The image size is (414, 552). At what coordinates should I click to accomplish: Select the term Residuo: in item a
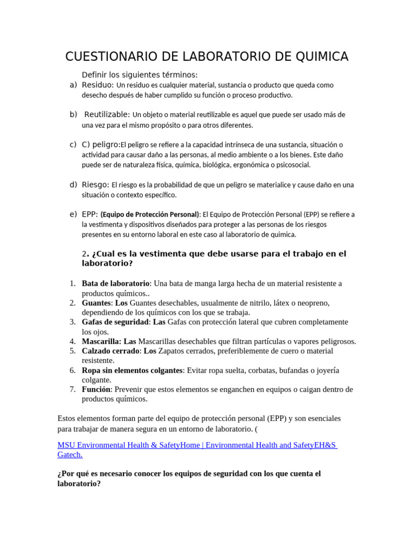click(98, 85)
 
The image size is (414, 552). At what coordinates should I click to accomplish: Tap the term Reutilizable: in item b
click(107, 114)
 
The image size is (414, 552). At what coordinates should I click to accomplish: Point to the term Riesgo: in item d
click(95, 184)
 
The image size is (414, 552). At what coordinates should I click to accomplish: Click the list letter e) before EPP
click(73, 214)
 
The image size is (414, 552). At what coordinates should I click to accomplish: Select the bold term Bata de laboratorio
click(115, 284)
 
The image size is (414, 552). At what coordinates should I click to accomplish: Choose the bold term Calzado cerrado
click(111, 351)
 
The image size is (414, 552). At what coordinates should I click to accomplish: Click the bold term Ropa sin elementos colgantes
click(133, 370)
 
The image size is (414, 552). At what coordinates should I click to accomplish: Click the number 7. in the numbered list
click(72, 389)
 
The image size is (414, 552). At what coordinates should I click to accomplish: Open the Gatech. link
click(70, 454)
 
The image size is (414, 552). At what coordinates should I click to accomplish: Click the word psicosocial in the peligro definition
click(291, 164)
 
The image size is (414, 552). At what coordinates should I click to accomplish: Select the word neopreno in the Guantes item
click(310, 303)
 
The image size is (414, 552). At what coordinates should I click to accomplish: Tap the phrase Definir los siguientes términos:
click(140, 74)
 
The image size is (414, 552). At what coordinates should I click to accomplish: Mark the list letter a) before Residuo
click(73, 85)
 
